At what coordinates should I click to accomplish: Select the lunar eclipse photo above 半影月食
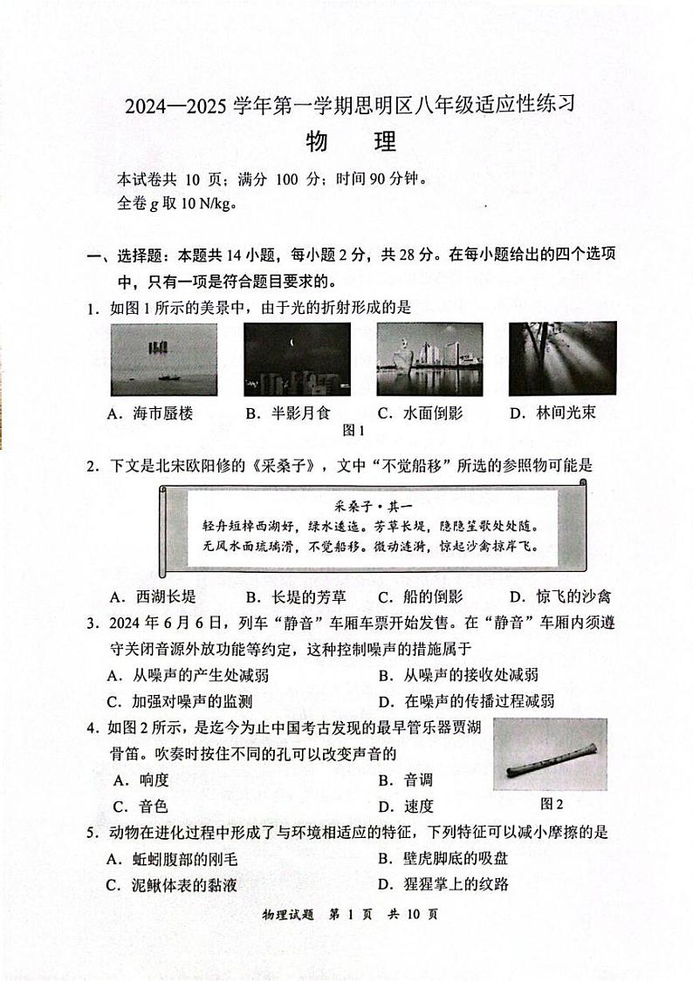coord(297,359)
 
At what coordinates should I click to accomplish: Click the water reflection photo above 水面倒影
coord(429,359)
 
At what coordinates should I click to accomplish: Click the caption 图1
coord(353,430)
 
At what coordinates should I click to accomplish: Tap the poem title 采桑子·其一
coord(360,505)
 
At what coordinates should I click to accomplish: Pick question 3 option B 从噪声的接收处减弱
coord(458,674)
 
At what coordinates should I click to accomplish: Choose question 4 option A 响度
coord(138,780)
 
